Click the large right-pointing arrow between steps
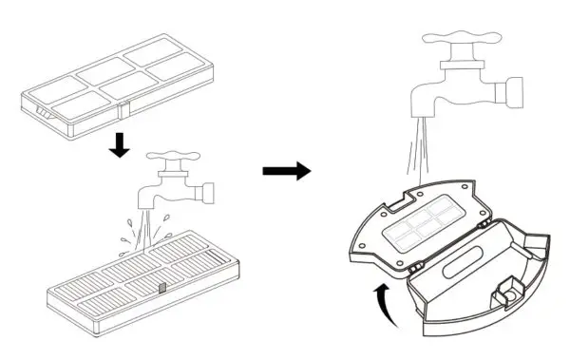click(x=286, y=171)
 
